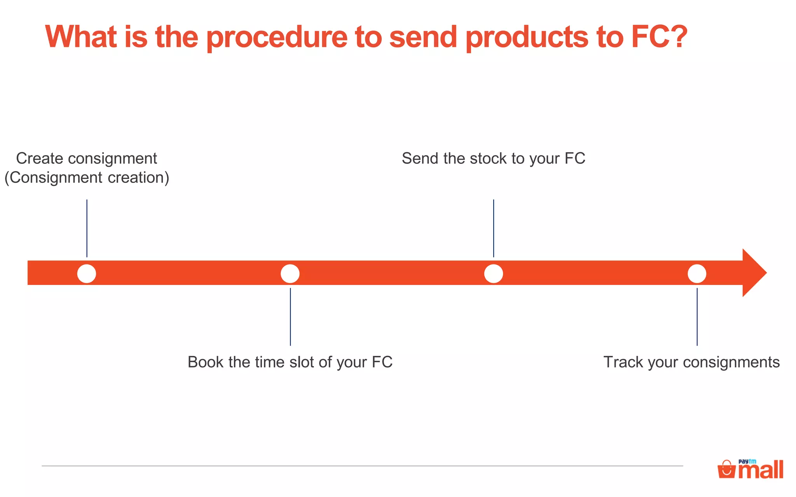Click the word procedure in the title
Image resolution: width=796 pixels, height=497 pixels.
pyautogui.click(x=276, y=38)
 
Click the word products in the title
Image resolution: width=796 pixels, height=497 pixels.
pyautogui.click(x=527, y=38)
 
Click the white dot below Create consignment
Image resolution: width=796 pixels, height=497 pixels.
pyautogui.click(x=87, y=274)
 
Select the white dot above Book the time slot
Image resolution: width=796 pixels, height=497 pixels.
pyautogui.click(x=290, y=274)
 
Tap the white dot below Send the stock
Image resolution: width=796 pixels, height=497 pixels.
pyautogui.click(x=494, y=274)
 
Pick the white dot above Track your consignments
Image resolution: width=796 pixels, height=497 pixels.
pyautogui.click(x=697, y=274)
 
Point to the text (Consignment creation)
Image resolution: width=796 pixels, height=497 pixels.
pyautogui.click(x=87, y=177)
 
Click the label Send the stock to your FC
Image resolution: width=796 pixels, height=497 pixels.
pyautogui.click(x=493, y=158)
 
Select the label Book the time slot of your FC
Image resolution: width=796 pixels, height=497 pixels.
pyautogui.click(x=290, y=362)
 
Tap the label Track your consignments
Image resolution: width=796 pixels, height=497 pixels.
pyautogui.click(x=691, y=362)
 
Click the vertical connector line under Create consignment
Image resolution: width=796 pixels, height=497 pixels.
pyautogui.click(x=87, y=228)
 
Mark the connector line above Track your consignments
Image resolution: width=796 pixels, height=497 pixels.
pyautogui.click(x=697, y=316)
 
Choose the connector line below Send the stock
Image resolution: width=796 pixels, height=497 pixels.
pyautogui.click(x=494, y=228)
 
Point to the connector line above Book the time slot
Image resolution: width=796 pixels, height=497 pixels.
pyautogui.click(x=290, y=316)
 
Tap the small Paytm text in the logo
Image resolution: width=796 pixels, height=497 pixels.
pyautogui.click(x=747, y=461)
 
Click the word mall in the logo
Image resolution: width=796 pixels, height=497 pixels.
pyautogui.click(x=761, y=471)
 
